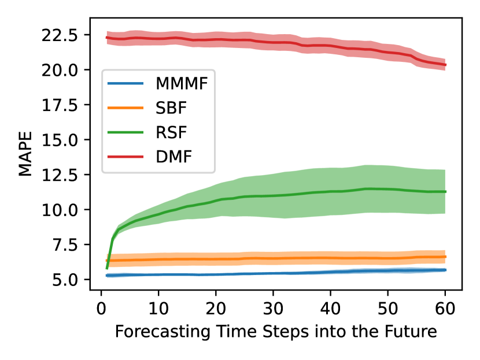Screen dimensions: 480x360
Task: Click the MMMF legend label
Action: pyautogui.click(x=182, y=83)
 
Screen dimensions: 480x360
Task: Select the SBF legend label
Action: pyautogui.click(x=171, y=107)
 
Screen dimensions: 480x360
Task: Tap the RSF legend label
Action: pyautogui.click(x=171, y=132)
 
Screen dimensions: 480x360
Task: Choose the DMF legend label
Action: pyautogui.click(x=173, y=157)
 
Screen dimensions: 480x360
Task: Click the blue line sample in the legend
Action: pyautogui.click(x=125, y=83)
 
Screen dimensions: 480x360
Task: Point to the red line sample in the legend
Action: pyautogui.click(x=125, y=157)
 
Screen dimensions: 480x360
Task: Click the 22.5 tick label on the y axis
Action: pyautogui.click(x=60, y=35)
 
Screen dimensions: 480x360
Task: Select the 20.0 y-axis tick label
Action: pyautogui.click(x=60, y=70)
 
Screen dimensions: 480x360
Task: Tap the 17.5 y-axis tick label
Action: pyautogui.click(x=60, y=106)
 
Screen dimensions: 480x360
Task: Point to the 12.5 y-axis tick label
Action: pyautogui.click(x=60, y=175)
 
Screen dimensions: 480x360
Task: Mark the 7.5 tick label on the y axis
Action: pyautogui.click(x=65, y=246)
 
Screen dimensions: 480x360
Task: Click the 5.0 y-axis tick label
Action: pyautogui.click(x=65, y=280)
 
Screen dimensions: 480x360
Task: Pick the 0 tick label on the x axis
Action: pyautogui.click(x=101, y=309)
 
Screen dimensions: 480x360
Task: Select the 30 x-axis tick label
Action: pyautogui.click(x=273, y=309)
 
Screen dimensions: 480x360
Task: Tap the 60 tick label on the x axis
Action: pyautogui.click(x=445, y=309)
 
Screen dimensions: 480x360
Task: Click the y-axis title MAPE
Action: pyautogui.click(x=25, y=154)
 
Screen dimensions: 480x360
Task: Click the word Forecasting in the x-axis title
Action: pyautogui.click(x=163, y=332)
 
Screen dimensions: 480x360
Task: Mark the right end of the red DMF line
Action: pyautogui.click(x=446, y=65)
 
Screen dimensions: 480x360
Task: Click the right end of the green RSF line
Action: pyautogui.click(x=446, y=192)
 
